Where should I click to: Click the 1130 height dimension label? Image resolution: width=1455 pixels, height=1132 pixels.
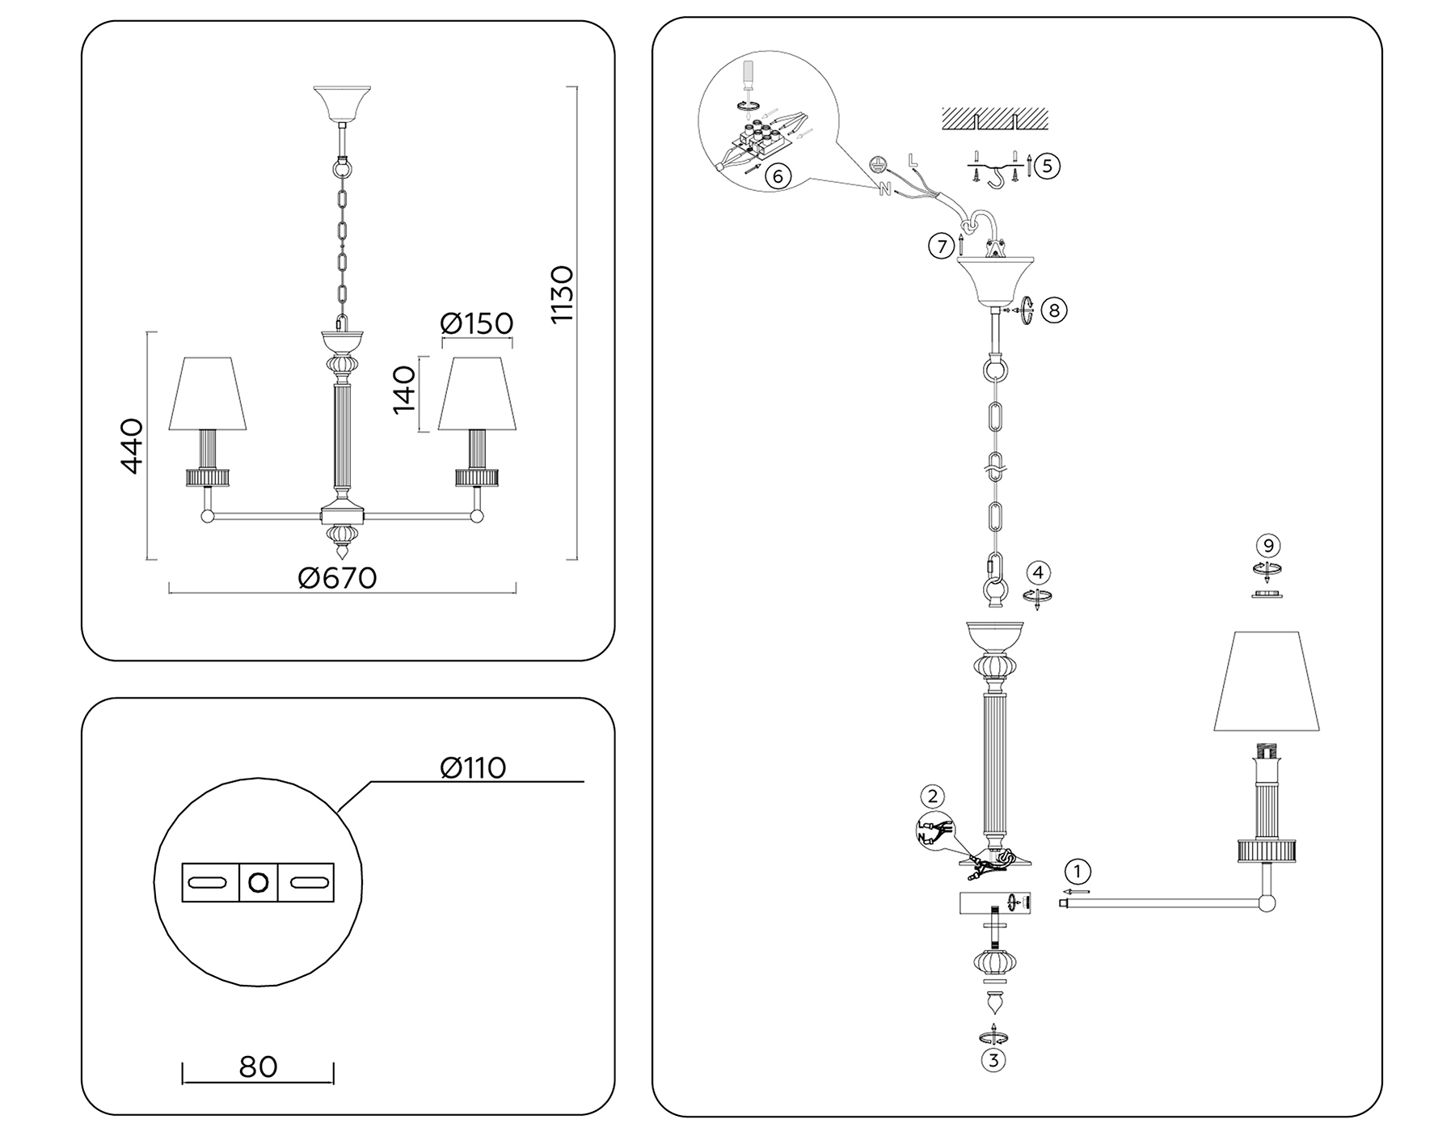pos(561,294)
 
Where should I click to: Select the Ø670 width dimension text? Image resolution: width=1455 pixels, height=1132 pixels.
pos(337,578)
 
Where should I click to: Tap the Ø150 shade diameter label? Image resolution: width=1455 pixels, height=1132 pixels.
pos(476,323)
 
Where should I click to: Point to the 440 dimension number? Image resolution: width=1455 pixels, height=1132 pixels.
pos(131,446)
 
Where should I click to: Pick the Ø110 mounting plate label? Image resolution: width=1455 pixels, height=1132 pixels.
pos(473,767)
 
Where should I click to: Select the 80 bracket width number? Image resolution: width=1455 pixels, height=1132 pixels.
pos(258,1067)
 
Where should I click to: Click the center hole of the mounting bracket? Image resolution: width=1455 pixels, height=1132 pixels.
pos(258,882)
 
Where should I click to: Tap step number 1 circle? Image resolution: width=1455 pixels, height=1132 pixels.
pos(1077,872)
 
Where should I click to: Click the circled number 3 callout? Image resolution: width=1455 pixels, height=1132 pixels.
pos(993,1059)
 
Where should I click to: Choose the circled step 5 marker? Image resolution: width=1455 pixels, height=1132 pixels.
pos(1047,166)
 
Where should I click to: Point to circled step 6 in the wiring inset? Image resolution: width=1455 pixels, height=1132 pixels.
pos(777,175)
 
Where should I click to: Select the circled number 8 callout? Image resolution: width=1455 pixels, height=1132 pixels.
pos(1053,310)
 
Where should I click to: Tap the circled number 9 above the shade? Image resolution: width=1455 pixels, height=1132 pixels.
pos(1268,546)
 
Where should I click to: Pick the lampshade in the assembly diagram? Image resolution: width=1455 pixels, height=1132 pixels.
pos(1267,682)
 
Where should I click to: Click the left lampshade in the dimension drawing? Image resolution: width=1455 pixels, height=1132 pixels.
pos(207,394)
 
